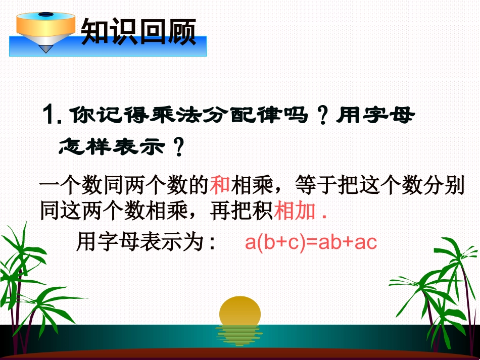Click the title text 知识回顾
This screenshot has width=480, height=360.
(x=138, y=32)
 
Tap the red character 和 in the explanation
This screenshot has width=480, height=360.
(x=220, y=186)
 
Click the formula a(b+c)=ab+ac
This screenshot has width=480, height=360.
(x=311, y=243)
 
